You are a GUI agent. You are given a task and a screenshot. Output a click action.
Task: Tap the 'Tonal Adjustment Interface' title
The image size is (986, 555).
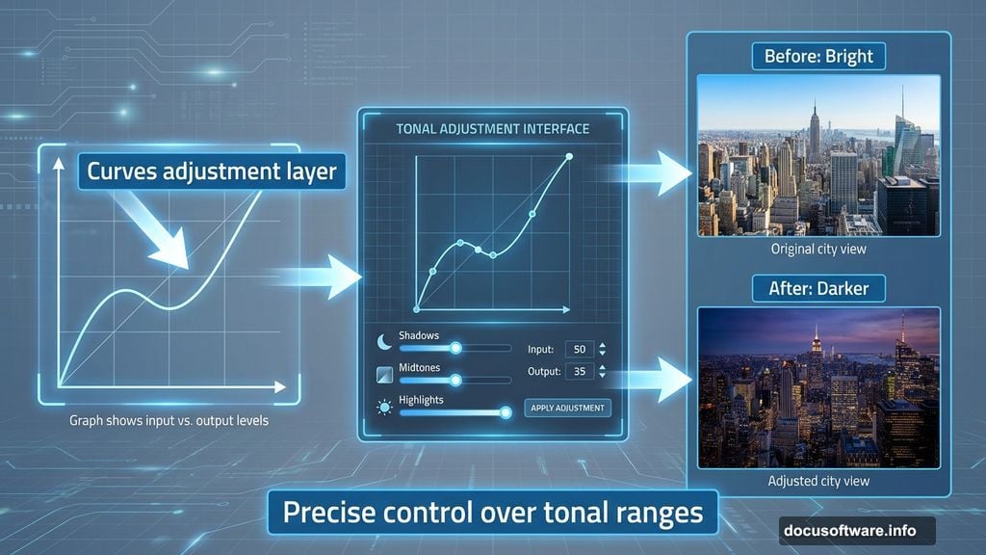pos(493,128)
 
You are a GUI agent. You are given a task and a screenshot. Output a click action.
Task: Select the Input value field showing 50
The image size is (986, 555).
pos(579,349)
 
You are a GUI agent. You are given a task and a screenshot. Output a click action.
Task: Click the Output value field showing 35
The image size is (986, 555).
pos(579,371)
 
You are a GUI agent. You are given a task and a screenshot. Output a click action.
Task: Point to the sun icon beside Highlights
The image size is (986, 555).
pos(384,409)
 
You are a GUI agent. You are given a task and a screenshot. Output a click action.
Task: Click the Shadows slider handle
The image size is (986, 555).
pos(455,348)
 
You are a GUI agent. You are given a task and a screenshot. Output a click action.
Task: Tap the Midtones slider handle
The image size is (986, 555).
pos(455,380)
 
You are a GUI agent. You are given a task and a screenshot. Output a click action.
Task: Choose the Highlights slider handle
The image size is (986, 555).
pos(504,412)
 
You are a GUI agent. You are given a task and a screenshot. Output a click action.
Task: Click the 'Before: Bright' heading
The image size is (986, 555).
pos(818,57)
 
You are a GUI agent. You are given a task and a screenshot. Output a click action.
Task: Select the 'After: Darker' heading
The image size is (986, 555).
pos(818,288)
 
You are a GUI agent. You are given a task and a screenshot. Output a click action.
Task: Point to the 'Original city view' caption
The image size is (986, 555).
pos(818,250)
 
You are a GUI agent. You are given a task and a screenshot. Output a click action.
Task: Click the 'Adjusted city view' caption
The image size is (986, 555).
pos(818,482)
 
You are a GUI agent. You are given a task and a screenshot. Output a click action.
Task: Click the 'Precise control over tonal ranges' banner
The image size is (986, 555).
pos(493,512)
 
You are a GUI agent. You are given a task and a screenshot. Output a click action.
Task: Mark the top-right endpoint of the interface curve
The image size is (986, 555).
pos(569,156)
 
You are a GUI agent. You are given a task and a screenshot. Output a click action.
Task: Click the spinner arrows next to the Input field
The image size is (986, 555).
pos(603,349)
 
